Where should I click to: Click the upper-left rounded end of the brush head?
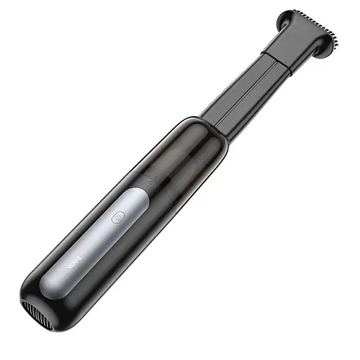[x=285, y=18]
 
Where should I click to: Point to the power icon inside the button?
[x=117, y=217]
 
